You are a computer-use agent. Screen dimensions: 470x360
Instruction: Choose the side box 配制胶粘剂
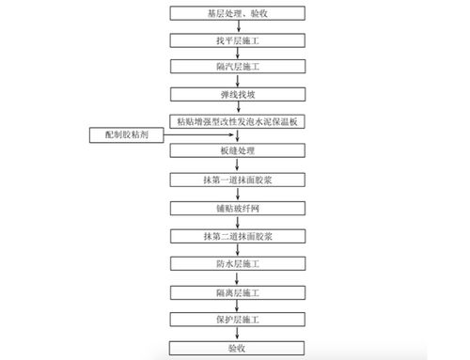tap(132, 135)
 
